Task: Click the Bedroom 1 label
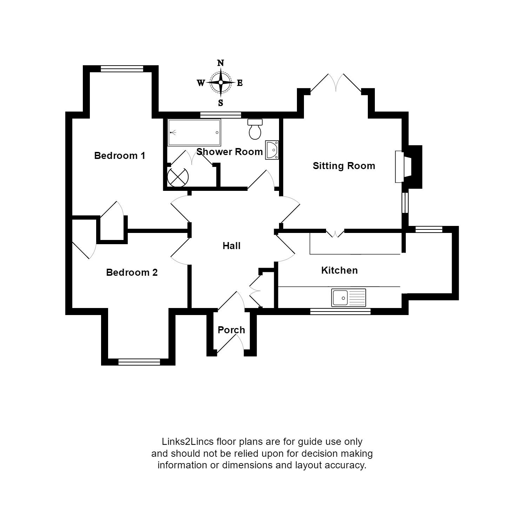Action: [120, 155]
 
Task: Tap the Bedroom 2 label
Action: [132, 272]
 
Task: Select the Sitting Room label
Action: [344, 166]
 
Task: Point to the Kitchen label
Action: [339, 270]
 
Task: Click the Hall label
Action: [232, 246]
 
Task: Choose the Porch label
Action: [231, 330]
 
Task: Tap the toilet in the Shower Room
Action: [255, 129]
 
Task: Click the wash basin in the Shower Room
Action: [272, 150]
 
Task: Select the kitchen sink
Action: [349, 297]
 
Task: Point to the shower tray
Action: [194, 133]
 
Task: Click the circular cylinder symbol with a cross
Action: [178, 177]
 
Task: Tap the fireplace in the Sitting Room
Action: [408, 167]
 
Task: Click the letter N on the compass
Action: [220, 63]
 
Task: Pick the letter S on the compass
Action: [221, 103]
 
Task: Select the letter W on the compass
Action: [201, 83]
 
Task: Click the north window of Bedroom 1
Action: [122, 69]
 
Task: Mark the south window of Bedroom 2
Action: [139, 362]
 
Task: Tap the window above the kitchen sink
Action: [340, 311]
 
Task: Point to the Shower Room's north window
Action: [221, 115]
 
